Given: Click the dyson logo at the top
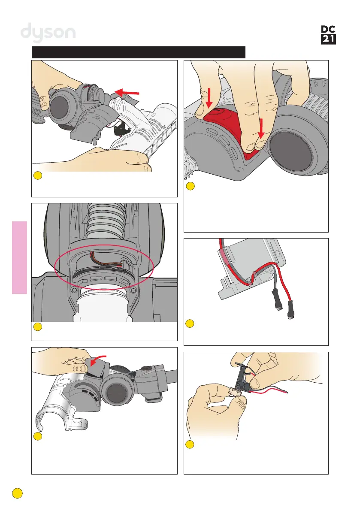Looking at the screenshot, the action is pos(48,33).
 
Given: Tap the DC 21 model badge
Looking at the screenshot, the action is pos(328,35).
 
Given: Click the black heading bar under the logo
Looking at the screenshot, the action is pos(138,52).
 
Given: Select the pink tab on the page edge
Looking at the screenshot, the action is pos(20,257).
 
